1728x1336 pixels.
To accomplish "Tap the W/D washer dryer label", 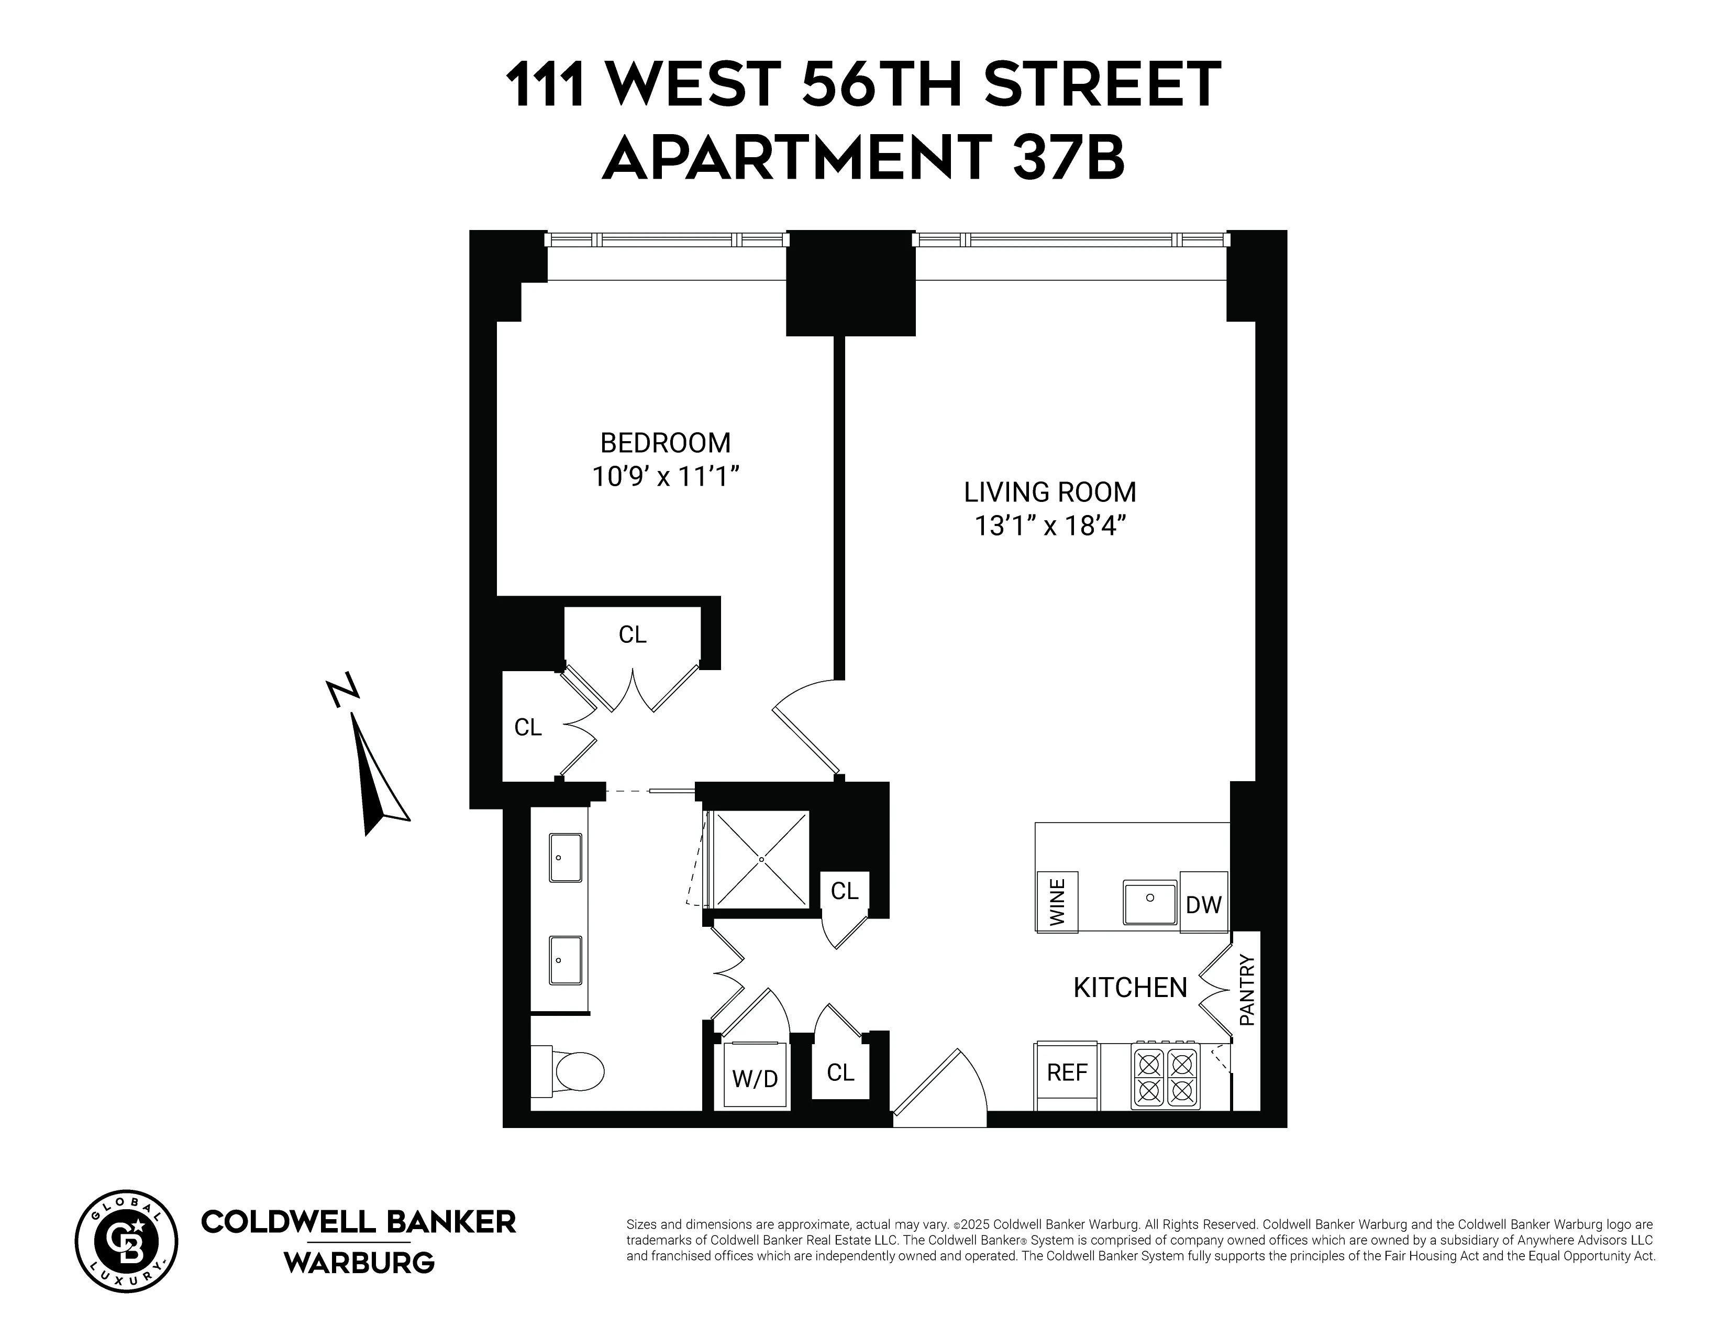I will pyautogui.click(x=754, y=1078).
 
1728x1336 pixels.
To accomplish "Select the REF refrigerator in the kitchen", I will pyautogui.click(x=1067, y=1072).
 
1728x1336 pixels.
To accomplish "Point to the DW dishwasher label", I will pyautogui.click(x=1203, y=905).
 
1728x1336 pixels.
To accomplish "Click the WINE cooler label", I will pyautogui.click(x=1057, y=902).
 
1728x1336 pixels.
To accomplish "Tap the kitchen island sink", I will pyautogui.click(x=1149, y=902).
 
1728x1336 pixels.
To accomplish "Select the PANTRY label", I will pyautogui.click(x=1247, y=990).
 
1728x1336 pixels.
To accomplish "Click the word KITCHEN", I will pyautogui.click(x=1130, y=988).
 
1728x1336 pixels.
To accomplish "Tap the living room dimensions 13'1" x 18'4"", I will pyautogui.click(x=1050, y=525).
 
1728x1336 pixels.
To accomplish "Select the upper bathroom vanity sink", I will pyautogui.click(x=565, y=857).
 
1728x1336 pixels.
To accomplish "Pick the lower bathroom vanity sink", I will pyautogui.click(x=565, y=960).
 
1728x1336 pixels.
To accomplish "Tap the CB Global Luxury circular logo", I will pyautogui.click(x=127, y=1241).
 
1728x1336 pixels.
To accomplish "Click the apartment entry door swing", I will pyautogui.click(x=941, y=1088).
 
